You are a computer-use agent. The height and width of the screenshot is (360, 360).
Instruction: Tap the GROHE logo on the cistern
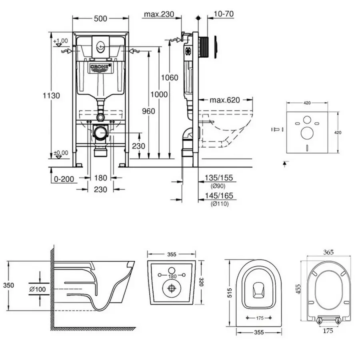pyautogui.click(x=100, y=67)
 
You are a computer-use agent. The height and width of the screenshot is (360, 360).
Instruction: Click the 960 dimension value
pyautogui.click(x=148, y=112)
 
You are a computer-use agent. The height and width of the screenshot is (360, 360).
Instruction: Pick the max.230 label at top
pyautogui.click(x=159, y=15)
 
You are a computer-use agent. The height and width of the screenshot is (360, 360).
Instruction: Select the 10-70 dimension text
pyautogui.click(x=224, y=14)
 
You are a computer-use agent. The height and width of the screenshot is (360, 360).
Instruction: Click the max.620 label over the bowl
pyautogui.click(x=225, y=100)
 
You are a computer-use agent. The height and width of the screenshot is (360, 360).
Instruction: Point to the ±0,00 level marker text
pyautogui.click(x=61, y=152)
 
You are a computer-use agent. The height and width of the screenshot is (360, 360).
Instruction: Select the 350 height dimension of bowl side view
pyautogui.click(x=8, y=285)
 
